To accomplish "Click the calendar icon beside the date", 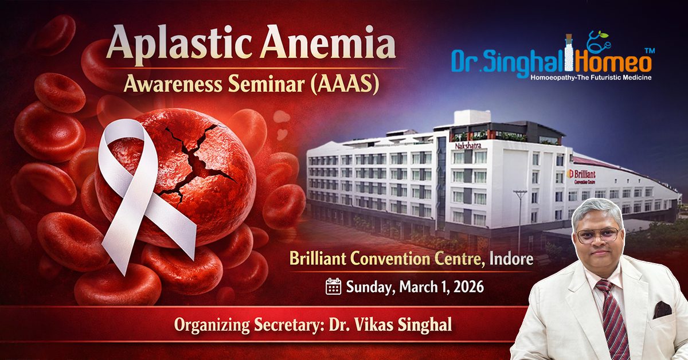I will tap(333, 286).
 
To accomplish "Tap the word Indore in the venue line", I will tap(511, 259).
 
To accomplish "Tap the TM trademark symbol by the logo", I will tap(650, 51).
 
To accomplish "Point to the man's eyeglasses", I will tap(597, 235).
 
